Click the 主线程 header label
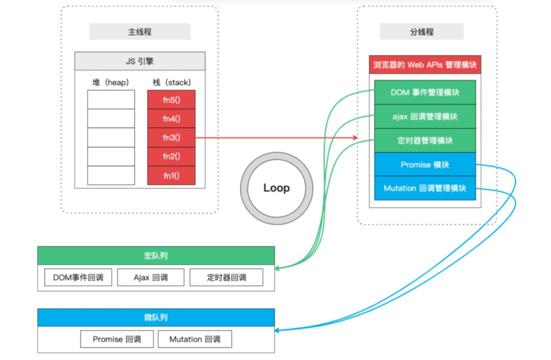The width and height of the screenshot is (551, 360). tap(140, 32)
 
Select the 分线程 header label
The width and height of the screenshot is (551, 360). tap(421, 32)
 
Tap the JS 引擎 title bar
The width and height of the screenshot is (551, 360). tap(140, 61)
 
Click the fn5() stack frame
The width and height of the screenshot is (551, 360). tap(171, 99)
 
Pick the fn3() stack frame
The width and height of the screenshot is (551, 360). tap(171, 137)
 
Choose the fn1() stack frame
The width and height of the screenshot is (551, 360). tap(171, 175)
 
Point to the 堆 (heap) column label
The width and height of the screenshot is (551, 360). tap(111, 82)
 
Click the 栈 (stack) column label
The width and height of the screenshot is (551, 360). tap(171, 82)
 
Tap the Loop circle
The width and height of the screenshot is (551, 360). tap(277, 188)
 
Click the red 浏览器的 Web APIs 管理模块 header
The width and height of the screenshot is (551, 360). tap(424, 65)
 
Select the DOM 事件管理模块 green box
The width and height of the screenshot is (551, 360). tap(424, 92)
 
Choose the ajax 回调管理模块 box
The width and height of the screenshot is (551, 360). tap(424, 116)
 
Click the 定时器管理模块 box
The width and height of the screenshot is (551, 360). tap(424, 140)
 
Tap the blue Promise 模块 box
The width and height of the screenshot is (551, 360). tap(424, 164)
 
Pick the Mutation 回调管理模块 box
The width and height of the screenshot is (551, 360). tap(424, 188)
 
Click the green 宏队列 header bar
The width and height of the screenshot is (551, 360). tap(156, 255)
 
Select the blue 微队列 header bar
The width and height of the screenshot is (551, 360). tap(156, 317)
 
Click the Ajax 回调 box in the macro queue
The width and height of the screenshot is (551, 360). tap(151, 278)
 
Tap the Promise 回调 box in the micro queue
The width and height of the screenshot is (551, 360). tap(117, 339)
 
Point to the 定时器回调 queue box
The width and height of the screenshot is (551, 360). tap(227, 278)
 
